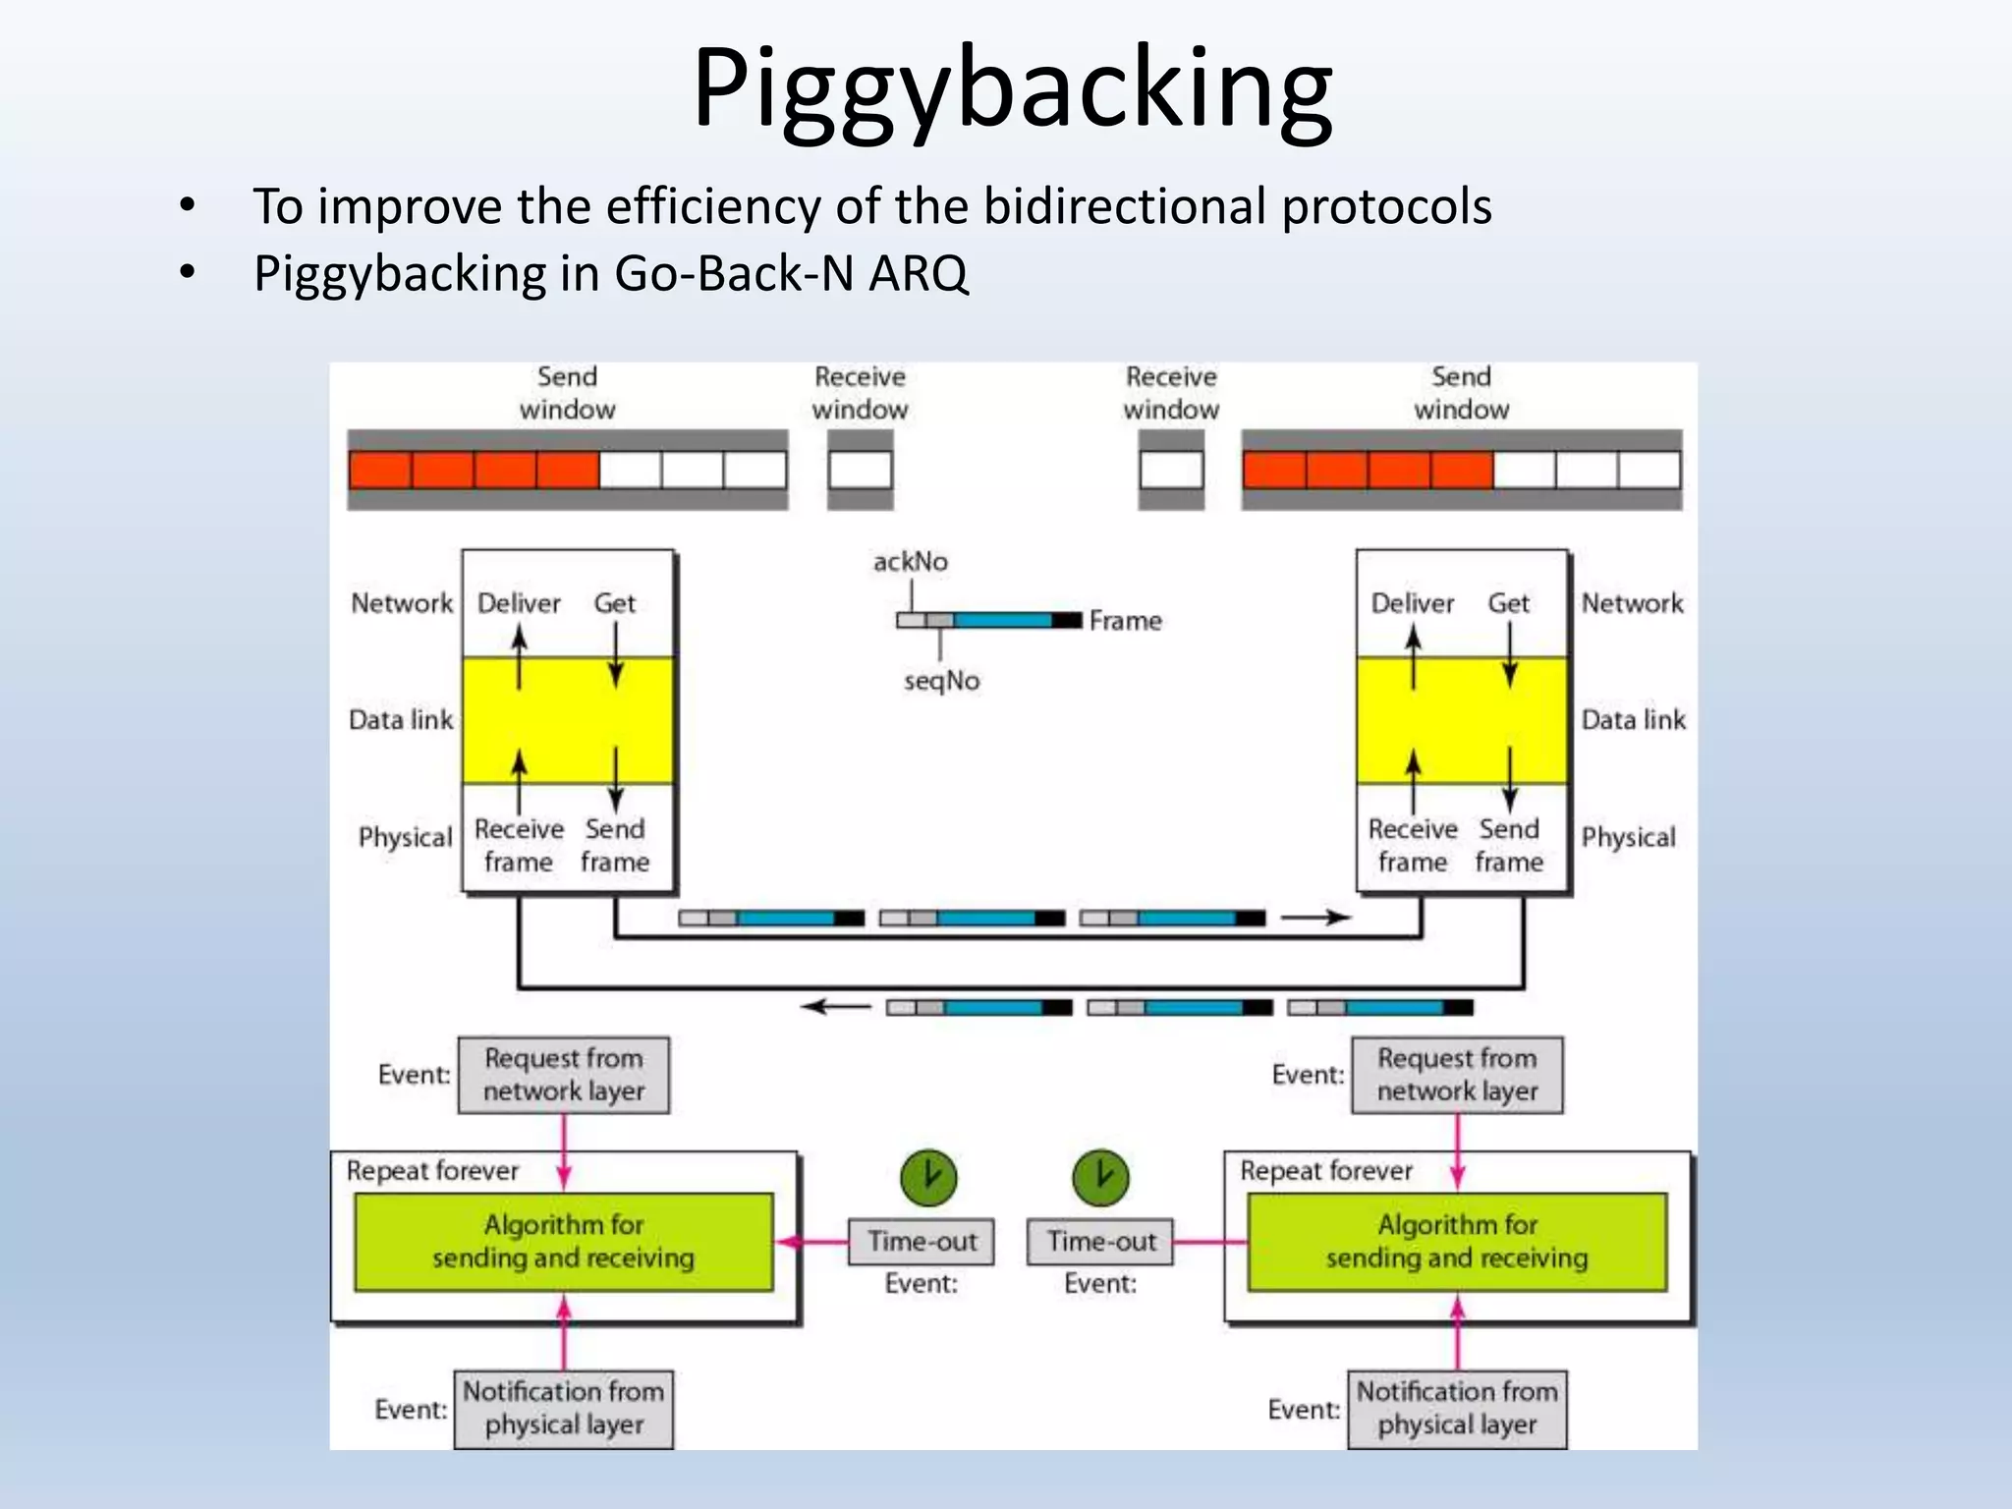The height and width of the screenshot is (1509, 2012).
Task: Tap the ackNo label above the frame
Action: (x=910, y=562)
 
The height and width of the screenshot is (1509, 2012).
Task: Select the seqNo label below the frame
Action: (x=941, y=681)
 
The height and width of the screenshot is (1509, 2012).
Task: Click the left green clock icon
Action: (x=928, y=1177)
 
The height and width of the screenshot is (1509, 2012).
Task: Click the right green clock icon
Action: (x=1100, y=1177)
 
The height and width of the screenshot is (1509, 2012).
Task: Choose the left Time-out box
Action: (x=922, y=1242)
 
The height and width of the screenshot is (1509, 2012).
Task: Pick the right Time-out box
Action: (x=1101, y=1242)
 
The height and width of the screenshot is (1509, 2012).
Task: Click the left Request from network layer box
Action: (x=563, y=1075)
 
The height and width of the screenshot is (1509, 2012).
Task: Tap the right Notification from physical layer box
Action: (x=1456, y=1408)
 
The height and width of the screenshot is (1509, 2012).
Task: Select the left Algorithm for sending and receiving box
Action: (x=563, y=1242)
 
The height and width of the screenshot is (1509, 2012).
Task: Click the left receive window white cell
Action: (x=860, y=470)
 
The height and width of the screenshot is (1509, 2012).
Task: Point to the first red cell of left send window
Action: (x=380, y=470)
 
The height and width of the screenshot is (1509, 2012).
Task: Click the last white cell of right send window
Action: (x=1649, y=470)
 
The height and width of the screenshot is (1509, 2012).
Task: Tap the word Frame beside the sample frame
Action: (x=1125, y=621)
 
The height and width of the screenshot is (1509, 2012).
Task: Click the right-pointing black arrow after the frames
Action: (x=1316, y=918)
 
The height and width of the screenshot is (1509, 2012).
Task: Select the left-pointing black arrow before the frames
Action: (x=836, y=1007)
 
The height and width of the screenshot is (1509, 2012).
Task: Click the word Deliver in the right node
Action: (x=1412, y=603)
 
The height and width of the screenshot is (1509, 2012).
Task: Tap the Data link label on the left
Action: (x=401, y=720)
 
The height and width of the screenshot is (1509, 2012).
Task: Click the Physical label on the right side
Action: (x=1628, y=837)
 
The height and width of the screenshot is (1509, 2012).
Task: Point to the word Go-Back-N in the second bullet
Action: (x=734, y=273)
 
